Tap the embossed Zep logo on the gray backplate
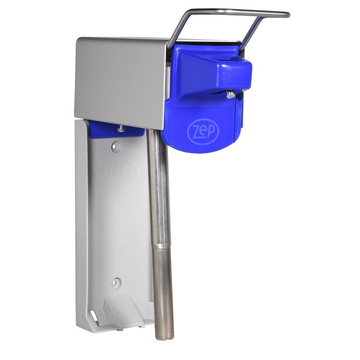click(117, 174)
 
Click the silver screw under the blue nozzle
click(230, 94)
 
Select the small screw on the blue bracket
click(121, 128)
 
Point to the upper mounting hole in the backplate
click(116, 147)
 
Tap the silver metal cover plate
click(120, 81)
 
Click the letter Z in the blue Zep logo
click(194, 132)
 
